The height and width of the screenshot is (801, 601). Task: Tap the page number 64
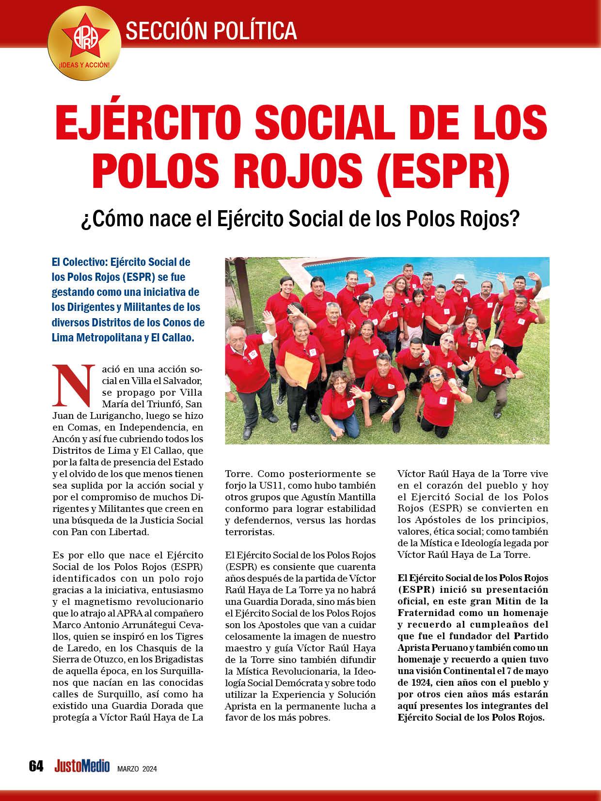click(36, 766)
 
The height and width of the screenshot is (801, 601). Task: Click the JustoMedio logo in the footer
click(82, 766)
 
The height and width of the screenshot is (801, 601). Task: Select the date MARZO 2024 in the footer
click(137, 769)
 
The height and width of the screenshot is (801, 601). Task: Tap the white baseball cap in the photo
click(495, 343)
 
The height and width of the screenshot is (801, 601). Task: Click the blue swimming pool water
click(339, 271)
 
